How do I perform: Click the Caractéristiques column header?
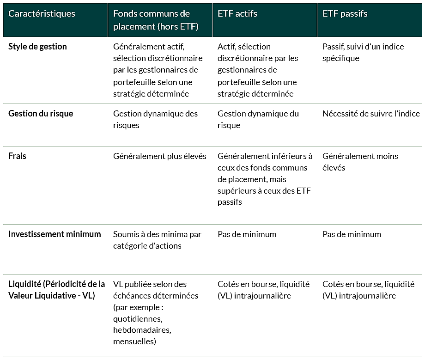[42, 14]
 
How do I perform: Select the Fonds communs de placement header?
[156, 20]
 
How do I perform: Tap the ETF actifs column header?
[237, 14]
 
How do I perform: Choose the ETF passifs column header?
[345, 14]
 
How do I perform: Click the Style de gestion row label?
[37, 47]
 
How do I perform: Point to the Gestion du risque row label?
[41, 114]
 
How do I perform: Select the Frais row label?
[18, 156]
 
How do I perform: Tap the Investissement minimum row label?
[55, 234]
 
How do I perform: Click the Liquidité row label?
[56, 290]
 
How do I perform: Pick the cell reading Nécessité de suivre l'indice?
[371, 114]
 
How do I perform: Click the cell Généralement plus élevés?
[159, 156]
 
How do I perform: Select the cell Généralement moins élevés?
[360, 162]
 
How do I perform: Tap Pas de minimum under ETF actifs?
[247, 234]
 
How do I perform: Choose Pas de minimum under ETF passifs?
[352, 234]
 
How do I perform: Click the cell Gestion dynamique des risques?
[155, 119]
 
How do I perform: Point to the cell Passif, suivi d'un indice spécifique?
[363, 52]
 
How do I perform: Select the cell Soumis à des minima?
[157, 240]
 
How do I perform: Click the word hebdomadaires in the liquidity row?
[142, 330]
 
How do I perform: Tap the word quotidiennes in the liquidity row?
[138, 318]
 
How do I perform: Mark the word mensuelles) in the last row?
[134, 342]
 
